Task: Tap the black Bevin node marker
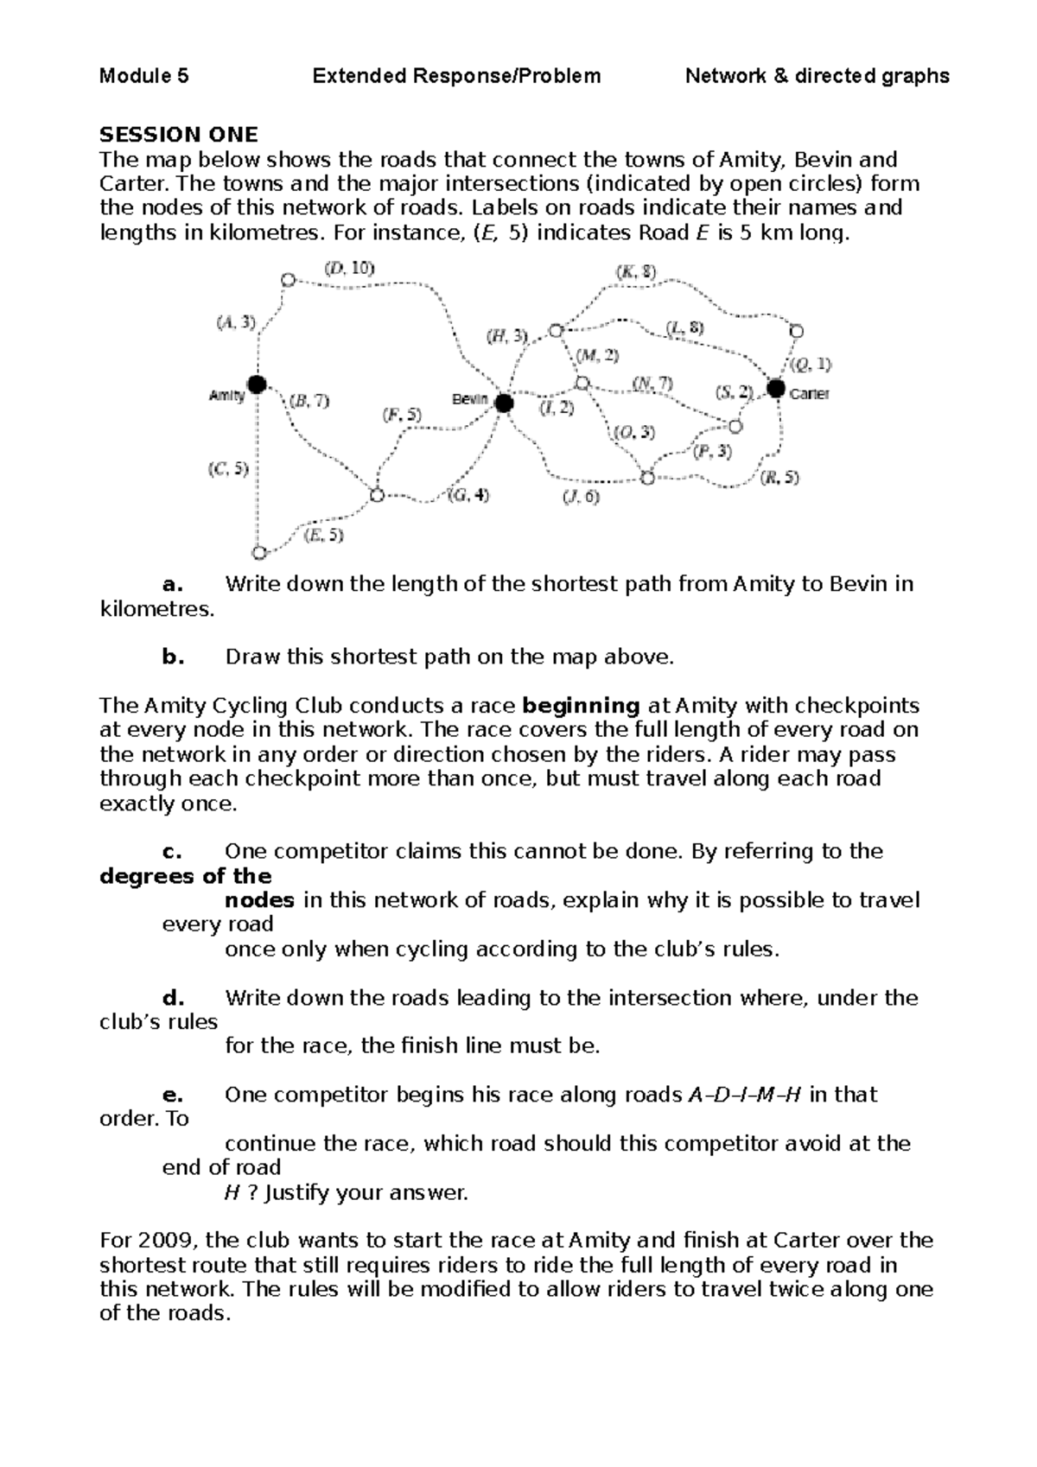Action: click(x=504, y=403)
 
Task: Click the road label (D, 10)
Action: click(x=350, y=268)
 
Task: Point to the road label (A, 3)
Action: click(x=236, y=322)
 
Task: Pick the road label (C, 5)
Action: click(x=227, y=470)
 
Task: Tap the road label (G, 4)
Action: click(x=469, y=496)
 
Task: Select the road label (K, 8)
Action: click(x=635, y=271)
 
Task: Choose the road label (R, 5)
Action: click(x=779, y=477)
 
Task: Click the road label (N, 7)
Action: click(x=652, y=383)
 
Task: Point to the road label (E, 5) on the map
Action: click(x=324, y=535)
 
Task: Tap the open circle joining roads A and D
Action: click(x=288, y=280)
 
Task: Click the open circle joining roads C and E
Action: click(x=258, y=552)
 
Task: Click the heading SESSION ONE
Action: click(x=179, y=135)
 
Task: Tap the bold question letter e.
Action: click(x=173, y=1095)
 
